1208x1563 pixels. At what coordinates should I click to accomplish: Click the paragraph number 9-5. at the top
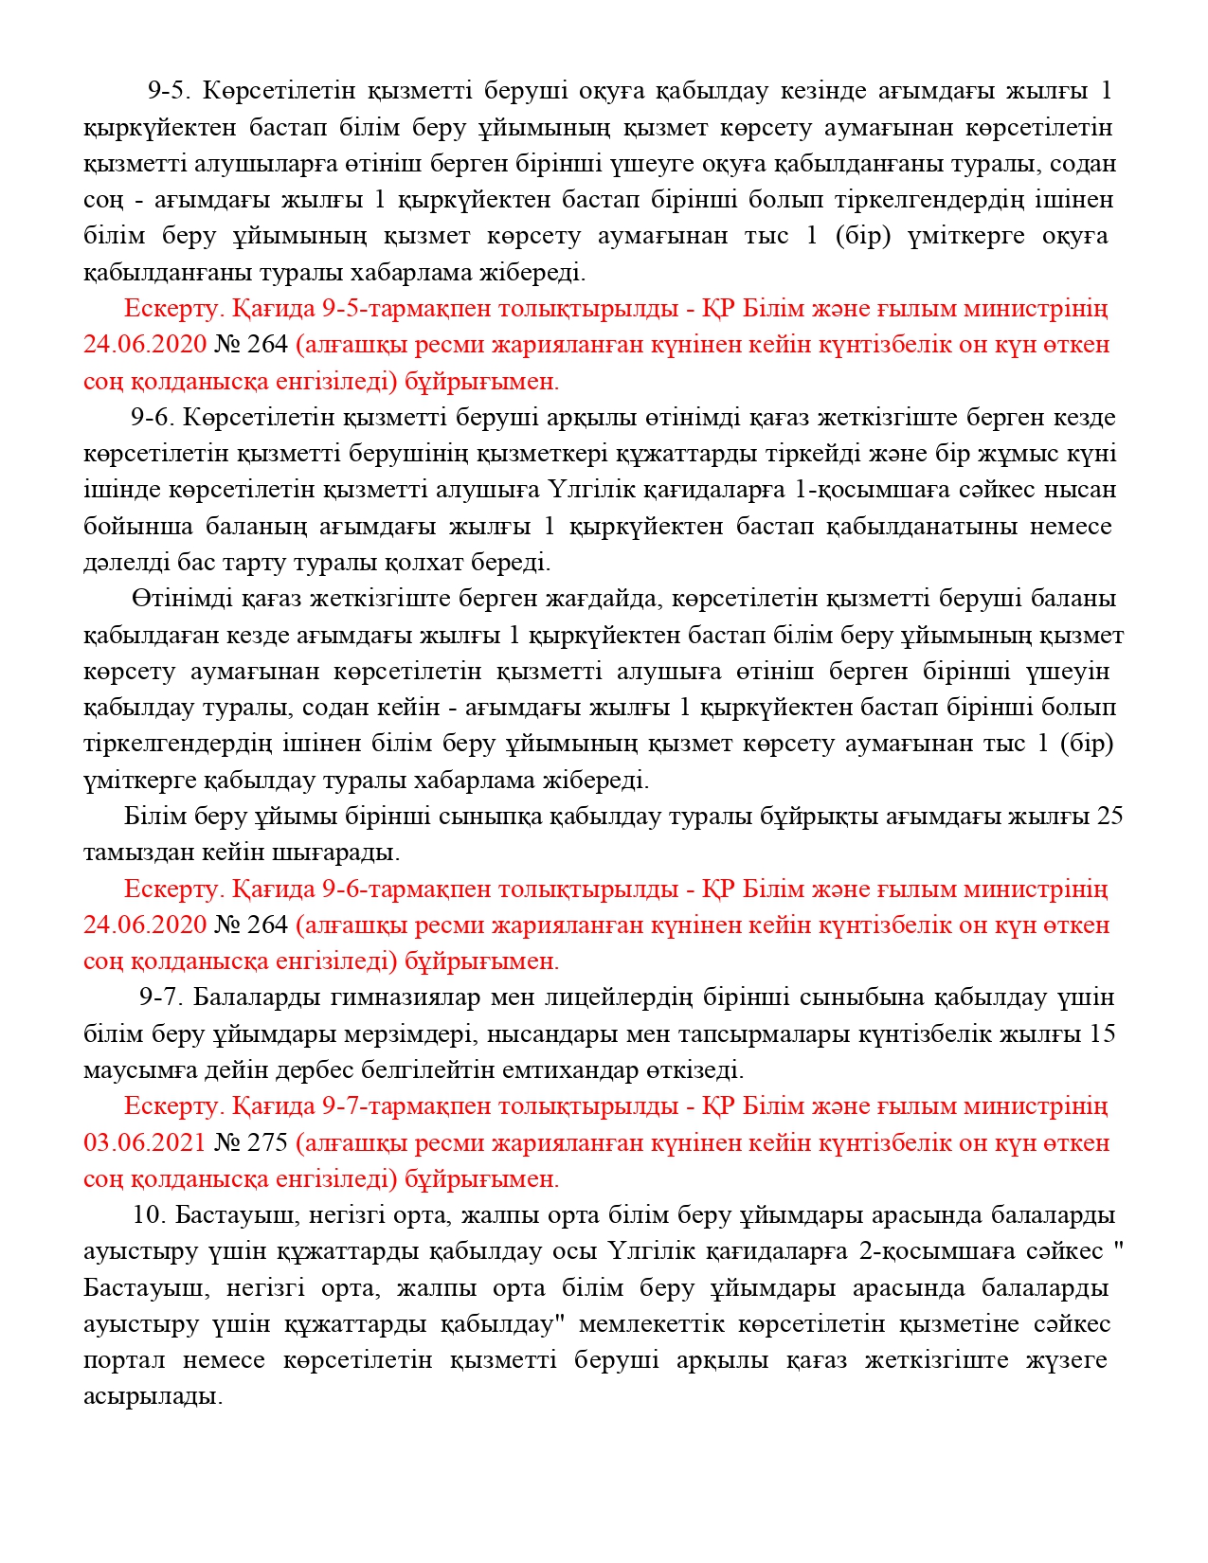click(x=170, y=91)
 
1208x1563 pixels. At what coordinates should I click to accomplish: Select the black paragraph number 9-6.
click(x=153, y=418)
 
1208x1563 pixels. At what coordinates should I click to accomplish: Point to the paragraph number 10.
click(x=150, y=1215)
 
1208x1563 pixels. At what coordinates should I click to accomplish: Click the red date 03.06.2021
click(x=145, y=1143)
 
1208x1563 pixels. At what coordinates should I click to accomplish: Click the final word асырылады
click(x=153, y=1397)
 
